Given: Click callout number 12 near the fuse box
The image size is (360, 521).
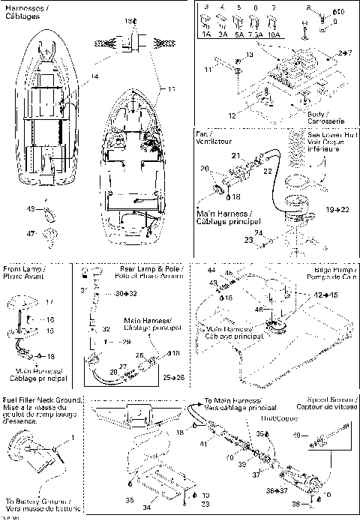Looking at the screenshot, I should coord(233,115).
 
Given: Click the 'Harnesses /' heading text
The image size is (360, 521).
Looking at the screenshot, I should coord(22,6).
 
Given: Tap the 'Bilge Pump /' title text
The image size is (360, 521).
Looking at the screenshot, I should coord(333,268).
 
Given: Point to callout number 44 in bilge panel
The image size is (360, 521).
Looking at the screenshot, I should coord(211,268).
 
